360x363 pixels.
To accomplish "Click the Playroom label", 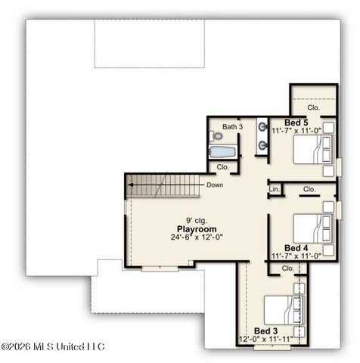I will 197,228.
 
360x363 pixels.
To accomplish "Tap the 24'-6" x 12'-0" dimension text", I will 197,237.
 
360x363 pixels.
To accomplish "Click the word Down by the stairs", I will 214,185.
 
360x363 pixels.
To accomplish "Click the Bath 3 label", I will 232,126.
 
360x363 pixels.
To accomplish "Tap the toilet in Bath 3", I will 217,137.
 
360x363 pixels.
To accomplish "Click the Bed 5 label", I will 296,123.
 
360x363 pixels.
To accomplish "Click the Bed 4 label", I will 296,247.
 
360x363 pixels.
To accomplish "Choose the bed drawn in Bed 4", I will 310,226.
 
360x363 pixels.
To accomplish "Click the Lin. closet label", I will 274,188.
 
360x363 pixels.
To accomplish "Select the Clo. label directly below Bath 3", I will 222,167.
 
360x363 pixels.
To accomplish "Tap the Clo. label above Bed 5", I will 313,108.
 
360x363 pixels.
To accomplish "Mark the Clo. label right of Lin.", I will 309,189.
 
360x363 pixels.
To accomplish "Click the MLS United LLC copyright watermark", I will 53,346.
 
